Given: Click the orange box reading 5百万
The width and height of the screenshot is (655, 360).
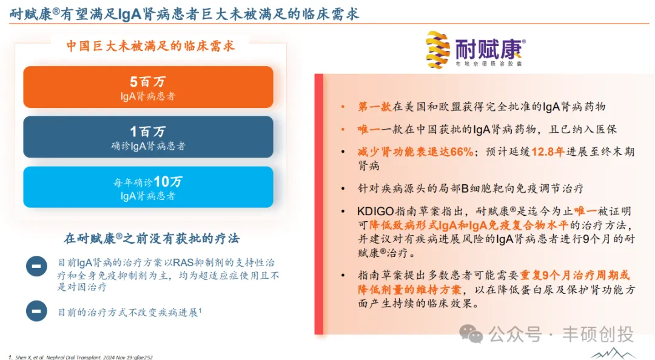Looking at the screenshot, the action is [149, 87].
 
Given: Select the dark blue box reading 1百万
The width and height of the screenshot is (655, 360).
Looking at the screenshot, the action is [149, 137].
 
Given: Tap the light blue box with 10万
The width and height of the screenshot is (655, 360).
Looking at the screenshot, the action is [149, 187].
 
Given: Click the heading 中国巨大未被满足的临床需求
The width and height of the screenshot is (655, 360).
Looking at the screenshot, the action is [151, 45].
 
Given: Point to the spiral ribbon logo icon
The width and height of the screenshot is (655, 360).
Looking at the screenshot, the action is [438, 49].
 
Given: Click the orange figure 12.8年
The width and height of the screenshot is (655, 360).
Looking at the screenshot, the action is [548, 152].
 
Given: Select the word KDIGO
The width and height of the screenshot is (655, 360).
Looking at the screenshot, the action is [375, 212].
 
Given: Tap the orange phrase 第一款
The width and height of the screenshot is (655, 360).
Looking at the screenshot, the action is [374, 107].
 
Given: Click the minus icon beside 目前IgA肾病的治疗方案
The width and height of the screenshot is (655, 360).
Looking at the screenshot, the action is [37, 267].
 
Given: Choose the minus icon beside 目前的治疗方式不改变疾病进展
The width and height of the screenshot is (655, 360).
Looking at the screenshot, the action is [37, 311].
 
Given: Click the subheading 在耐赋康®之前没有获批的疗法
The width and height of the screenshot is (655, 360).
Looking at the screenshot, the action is [152, 238].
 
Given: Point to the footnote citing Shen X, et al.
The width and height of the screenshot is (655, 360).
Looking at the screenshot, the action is [81, 357].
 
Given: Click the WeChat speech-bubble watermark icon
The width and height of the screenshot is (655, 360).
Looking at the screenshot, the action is [471, 334].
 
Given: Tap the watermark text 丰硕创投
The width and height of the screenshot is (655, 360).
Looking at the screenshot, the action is [598, 334].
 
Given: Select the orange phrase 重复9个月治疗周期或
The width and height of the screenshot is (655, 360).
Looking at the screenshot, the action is [574, 275].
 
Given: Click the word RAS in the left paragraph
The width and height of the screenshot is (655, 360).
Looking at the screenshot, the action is [183, 262].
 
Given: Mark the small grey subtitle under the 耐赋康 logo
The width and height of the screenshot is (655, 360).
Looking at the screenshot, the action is [489, 64].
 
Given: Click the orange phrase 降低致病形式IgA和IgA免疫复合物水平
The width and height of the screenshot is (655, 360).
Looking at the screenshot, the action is [468, 225].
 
